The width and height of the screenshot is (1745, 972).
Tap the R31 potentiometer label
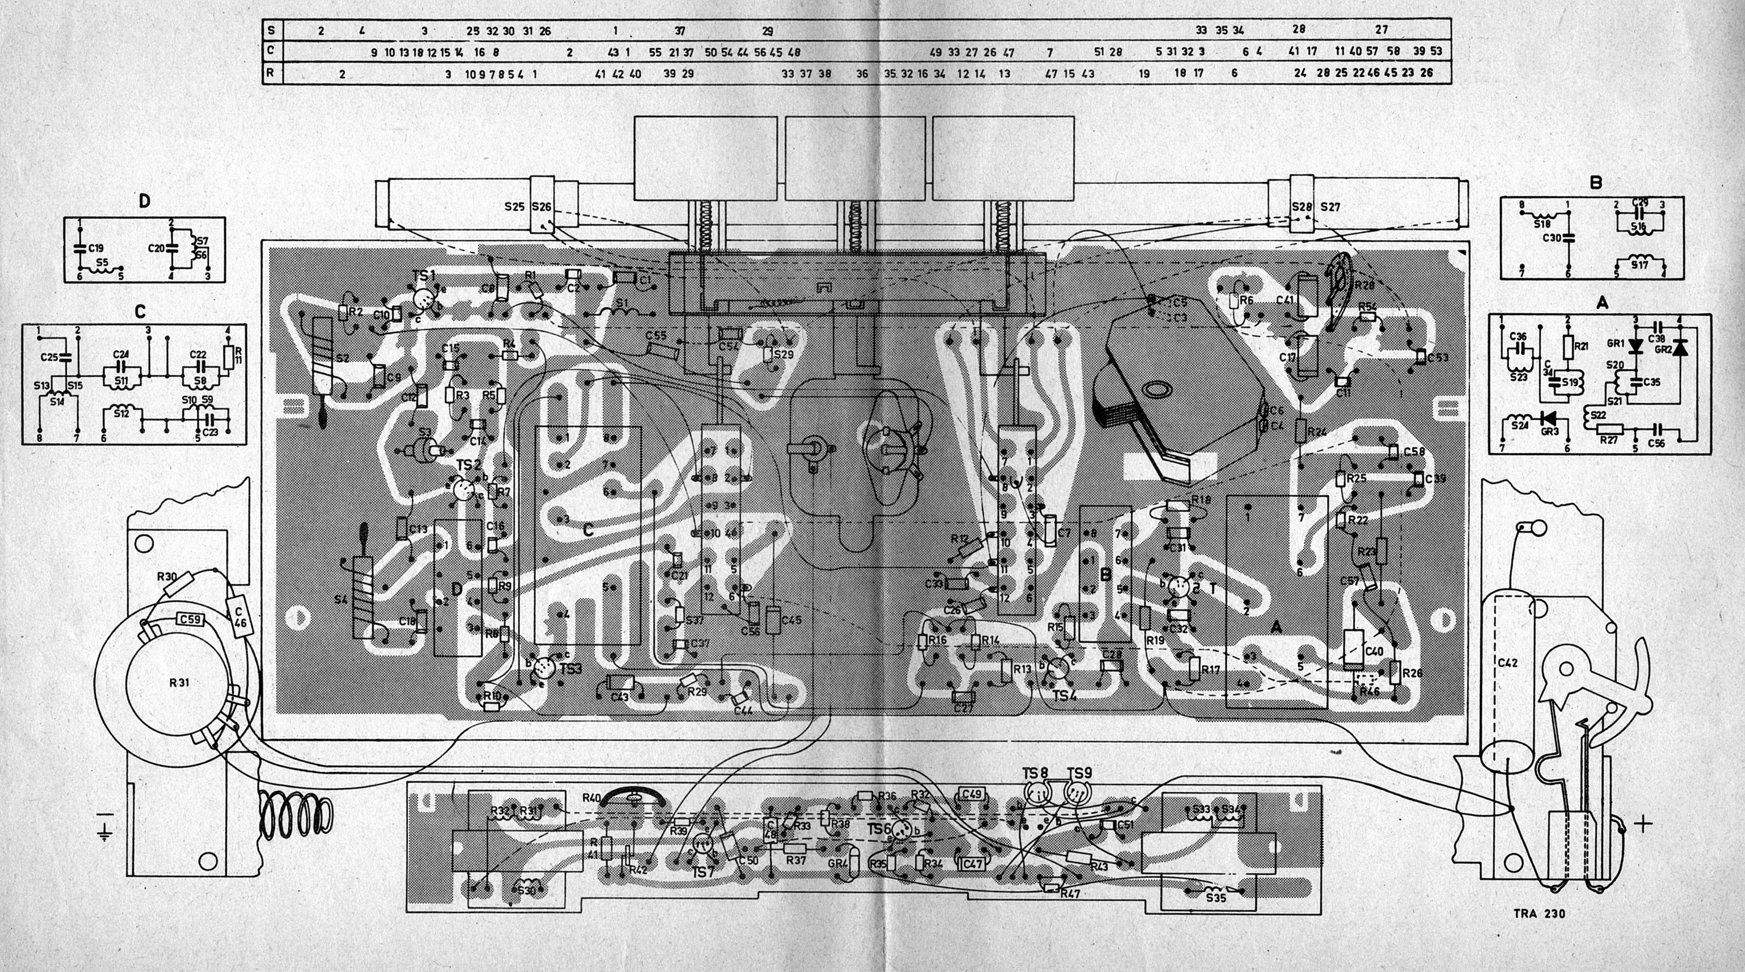pos(179,683)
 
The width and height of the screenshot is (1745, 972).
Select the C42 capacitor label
pos(1502,663)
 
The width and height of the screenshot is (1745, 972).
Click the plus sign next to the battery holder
pos(1643,824)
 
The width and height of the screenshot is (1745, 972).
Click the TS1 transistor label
pos(423,276)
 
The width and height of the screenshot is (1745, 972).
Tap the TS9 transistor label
pos(1079,774)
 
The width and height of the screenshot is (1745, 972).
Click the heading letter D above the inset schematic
pos(144,201)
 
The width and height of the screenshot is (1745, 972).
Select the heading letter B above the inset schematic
pos(1596,182)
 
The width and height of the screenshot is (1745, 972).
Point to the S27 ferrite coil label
pos(1330,207)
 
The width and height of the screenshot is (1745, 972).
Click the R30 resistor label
pos(166,577)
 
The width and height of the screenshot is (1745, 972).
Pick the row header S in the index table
pos(272,30)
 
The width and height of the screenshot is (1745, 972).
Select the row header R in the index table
pos(272,73)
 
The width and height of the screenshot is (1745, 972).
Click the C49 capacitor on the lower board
pos(972,795)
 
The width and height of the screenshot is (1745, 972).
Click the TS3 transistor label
pos(571,669)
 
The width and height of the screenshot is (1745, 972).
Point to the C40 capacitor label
pos(1374,651)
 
